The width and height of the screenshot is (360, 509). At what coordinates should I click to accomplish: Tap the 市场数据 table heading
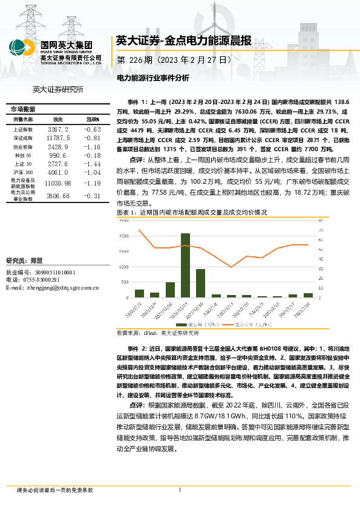pyautogui.click(x=23, y=109)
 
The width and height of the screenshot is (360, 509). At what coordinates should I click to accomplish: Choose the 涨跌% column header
pyautogui.click(x=93, y=120)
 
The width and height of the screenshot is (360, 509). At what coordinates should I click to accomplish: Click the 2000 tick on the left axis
pyautogui.click(x=124, y=236)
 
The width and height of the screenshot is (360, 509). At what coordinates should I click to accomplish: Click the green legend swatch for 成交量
pyautogui.click(x=192, y=325)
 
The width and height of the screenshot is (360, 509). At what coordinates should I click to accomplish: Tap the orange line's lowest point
pyautogui.click(x=232, y=267)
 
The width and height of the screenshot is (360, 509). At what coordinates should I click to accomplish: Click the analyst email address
pyautogui.click(x=51, y=288)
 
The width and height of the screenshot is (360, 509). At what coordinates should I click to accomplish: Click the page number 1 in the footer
pyautogui.click(x=180, y=490)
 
